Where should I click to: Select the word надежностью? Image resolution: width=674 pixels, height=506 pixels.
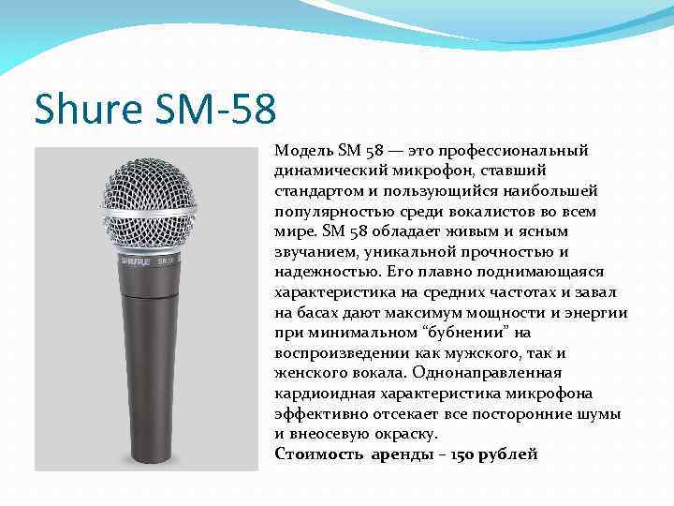point(318,273)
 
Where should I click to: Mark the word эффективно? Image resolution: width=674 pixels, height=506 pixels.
point(317,414)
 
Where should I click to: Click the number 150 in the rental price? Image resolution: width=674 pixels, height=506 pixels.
point(462,454)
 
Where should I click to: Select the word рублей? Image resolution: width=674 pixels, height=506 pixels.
point(508,454)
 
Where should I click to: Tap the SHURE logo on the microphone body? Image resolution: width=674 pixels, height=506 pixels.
point(135,261)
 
